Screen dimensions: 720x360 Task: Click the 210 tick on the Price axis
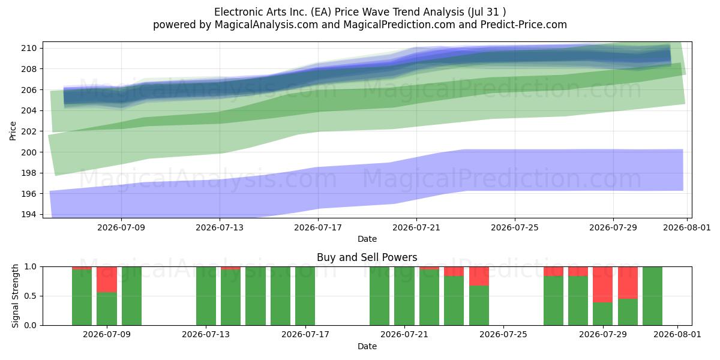(x=29, y=49)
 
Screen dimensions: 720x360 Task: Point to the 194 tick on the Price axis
(x=29, y=214)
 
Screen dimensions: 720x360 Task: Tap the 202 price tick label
(x=29, y=131)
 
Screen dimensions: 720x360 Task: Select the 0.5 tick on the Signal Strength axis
(x=31, y=296)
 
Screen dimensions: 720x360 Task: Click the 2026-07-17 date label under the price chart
(x=318, y=227)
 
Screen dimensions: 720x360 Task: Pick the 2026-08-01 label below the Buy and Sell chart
(x=677, y=335)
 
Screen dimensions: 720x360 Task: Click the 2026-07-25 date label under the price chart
(x=515, y=227)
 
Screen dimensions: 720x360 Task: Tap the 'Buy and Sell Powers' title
(x=367, y=257)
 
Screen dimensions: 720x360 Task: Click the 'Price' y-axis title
(x=13, y=131)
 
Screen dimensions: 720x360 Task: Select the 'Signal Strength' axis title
(x=15, y=296)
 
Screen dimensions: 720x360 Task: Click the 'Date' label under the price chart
(x=367, y=239)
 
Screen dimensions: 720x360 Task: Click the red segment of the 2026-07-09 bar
(x=107, y=280)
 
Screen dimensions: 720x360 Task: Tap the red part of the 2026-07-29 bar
(x=602, y=284)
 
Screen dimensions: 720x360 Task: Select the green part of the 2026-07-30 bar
(x=628, y=312)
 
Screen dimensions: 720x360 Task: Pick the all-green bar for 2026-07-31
(x=653, y=296)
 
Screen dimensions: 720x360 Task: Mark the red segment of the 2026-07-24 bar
(x=479, y=277)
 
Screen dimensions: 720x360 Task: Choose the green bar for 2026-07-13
(x=206, y=296)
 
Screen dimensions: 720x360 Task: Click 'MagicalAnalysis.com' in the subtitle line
(x=266, y=25)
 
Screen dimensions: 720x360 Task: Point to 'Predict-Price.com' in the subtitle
(x=524, y=25)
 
